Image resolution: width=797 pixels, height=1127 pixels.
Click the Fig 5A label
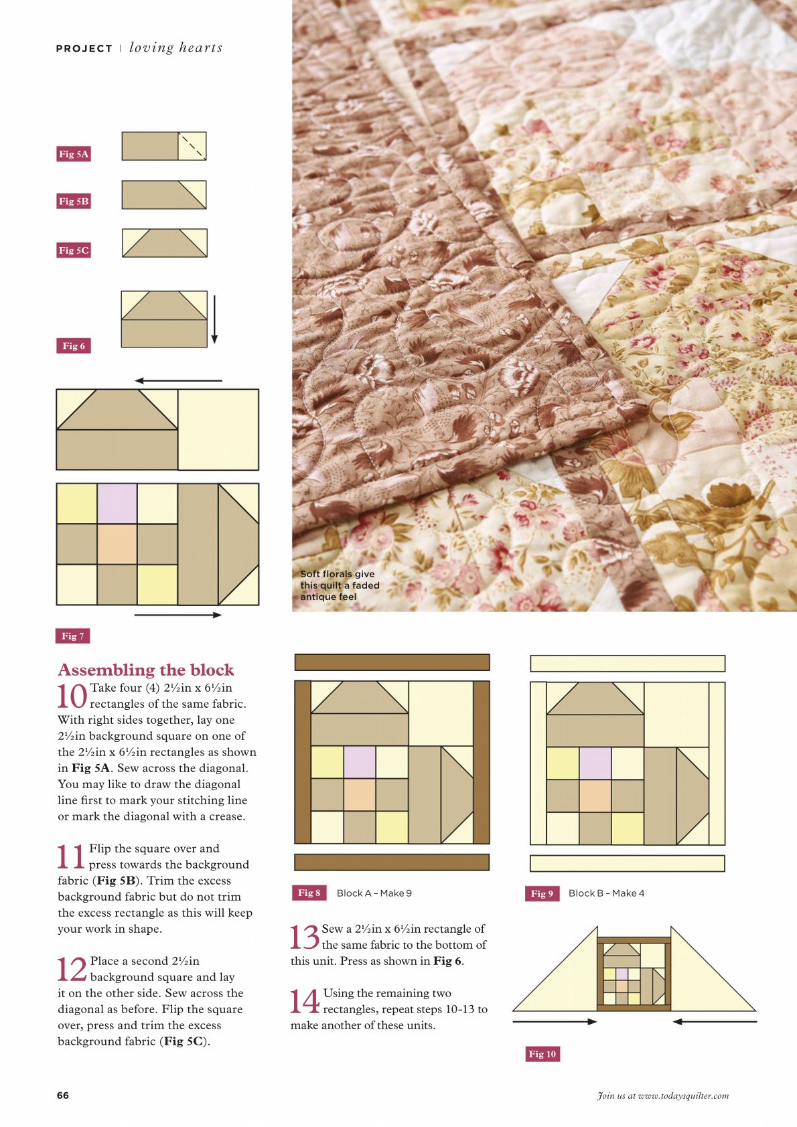74,154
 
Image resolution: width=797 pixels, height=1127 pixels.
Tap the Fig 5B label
74,202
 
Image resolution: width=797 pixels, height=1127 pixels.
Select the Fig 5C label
74,250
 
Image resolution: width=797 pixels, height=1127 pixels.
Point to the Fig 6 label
74,346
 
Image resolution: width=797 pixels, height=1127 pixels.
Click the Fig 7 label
72,636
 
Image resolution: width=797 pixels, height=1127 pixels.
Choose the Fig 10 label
542,1053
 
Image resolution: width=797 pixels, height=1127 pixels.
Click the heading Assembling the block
146,670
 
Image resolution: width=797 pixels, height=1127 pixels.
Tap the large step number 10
72,696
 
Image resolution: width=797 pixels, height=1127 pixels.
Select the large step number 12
72,970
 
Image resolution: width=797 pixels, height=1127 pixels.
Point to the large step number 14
305,1001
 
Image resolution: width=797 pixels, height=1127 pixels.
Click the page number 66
63,1096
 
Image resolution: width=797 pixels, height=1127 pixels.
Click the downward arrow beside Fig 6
214,319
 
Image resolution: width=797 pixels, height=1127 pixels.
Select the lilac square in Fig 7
117,504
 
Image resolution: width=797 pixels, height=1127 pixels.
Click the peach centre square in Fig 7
117,544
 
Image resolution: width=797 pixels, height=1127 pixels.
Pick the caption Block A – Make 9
374,893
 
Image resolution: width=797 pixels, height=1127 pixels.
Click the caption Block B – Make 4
606,893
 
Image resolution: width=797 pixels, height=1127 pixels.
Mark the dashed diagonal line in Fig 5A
192,146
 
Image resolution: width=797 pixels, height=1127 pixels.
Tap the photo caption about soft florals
340,585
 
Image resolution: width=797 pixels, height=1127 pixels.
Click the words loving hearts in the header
175,48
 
